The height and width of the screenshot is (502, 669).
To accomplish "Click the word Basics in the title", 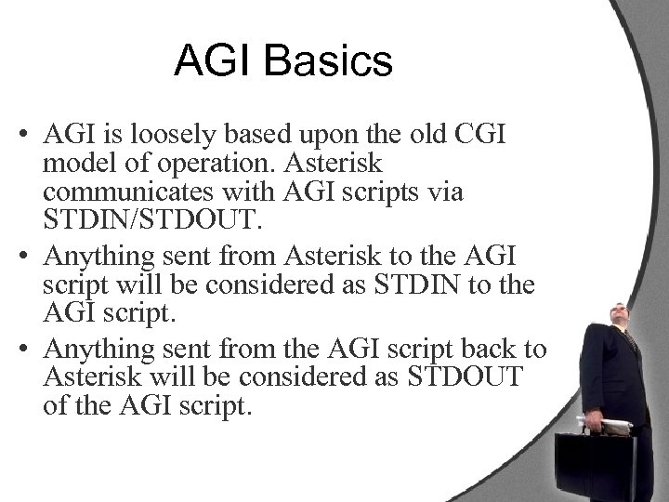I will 331,63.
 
